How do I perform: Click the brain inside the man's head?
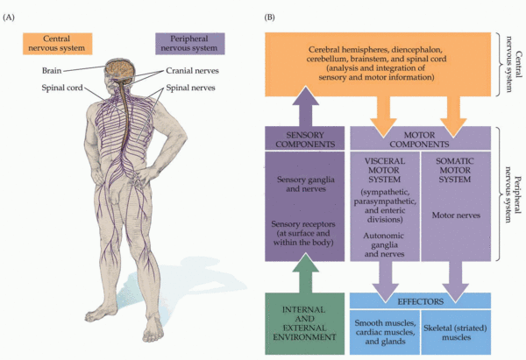coord(120,68)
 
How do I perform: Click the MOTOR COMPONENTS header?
coord(419,138)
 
